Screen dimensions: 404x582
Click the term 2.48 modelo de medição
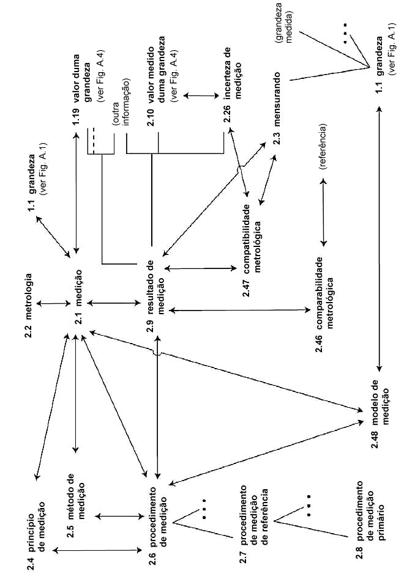point(379,413)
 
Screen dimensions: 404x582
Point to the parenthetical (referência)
point(323,146)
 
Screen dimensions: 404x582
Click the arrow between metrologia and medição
point(53,304)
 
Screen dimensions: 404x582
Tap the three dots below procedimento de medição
point(204,509)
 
